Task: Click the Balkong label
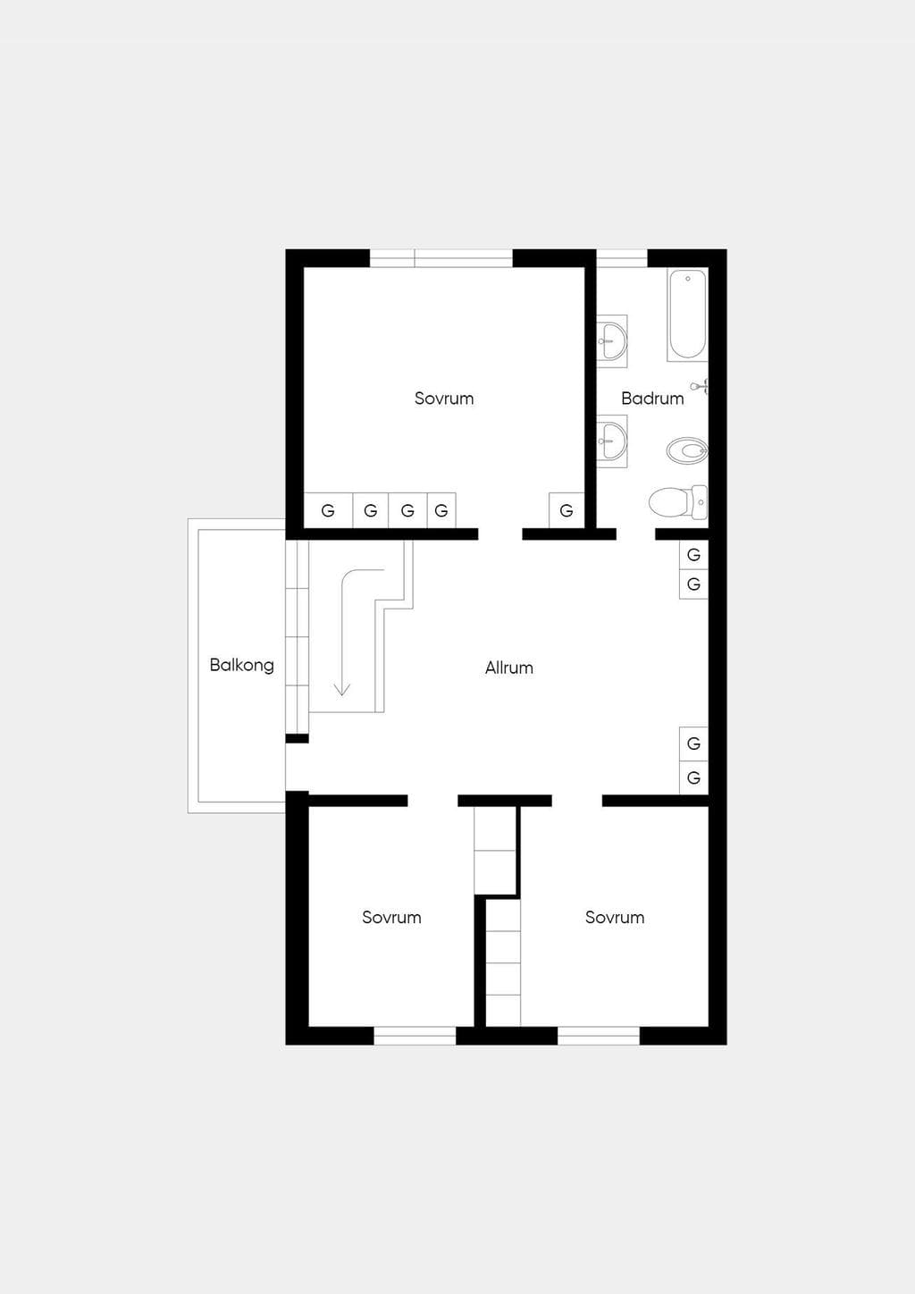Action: tap(241, 666)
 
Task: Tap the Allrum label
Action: tap(509, 668)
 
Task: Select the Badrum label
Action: tap(652, 398)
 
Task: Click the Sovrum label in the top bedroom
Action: tap(444, 398)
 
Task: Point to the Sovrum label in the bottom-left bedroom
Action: tap(391, 918)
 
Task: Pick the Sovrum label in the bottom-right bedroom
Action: tap(615, 918)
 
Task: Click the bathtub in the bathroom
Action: tap(687, 315)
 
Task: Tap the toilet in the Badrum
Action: tap(678, 500)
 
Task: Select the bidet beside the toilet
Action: tap(687, 450)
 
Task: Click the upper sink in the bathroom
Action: tap(612, 340)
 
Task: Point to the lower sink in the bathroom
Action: tap(612, 441)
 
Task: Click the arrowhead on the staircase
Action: tap(342, 689)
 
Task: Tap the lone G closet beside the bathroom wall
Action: tap(567, 510)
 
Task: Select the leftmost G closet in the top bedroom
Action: tap(328, 510)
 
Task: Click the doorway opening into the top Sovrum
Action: tap(500, 534)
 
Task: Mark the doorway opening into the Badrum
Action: tap(635, 534)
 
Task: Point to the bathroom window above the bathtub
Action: tap(622, 258)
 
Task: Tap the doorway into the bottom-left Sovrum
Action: tap(432, 801)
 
